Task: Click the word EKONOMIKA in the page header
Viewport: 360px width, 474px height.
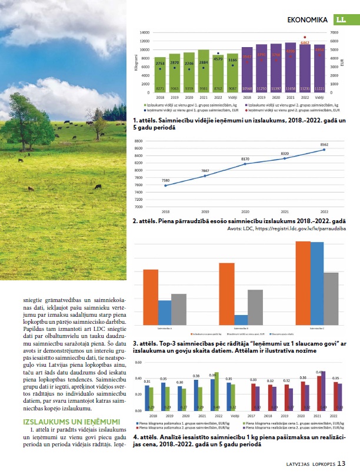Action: (x=307, y=21)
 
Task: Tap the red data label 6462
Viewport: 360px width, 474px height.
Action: (x=305, y=42)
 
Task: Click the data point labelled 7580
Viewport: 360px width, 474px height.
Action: (x=166, y=185)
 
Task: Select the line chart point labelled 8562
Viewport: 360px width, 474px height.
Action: (x=324, y=150)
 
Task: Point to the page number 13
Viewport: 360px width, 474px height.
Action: (x=342, y=463)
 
